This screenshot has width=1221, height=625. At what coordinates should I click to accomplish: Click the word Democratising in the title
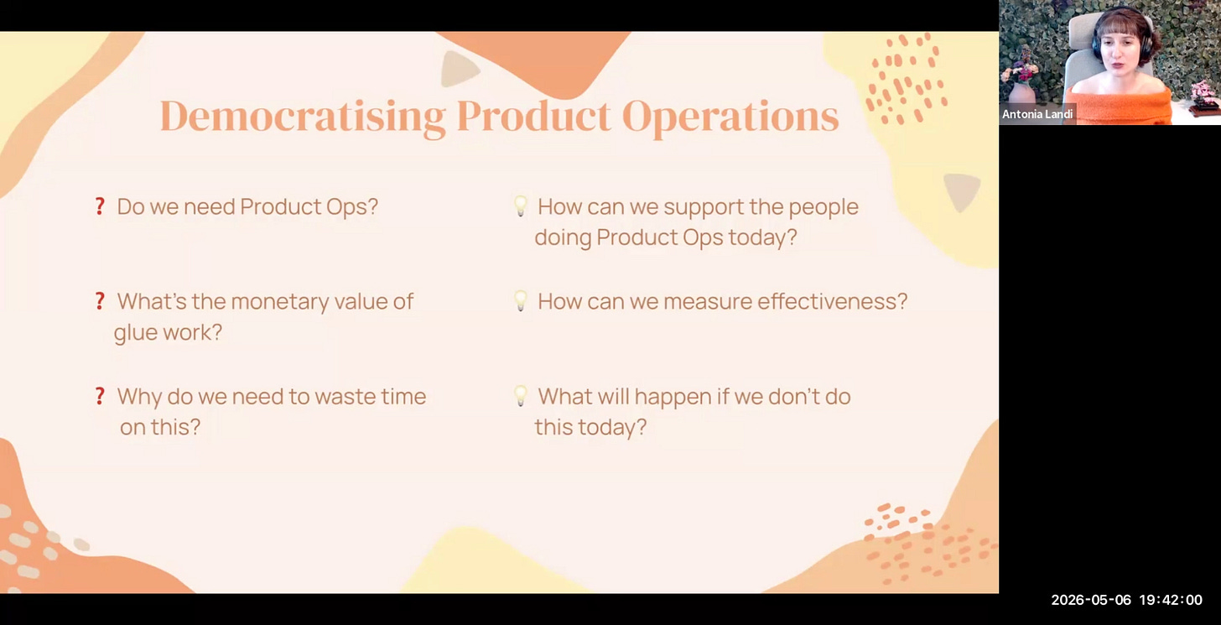pyautogui.click(x=303, y=116)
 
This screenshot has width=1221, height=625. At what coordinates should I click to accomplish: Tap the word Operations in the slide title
pyautogui.click(x=730, y=117)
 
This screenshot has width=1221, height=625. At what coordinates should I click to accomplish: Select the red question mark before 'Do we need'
pyautogui.click(x=100, y=206)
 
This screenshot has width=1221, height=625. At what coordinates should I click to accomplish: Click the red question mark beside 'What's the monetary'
pyautogui.click(x=100, y=301)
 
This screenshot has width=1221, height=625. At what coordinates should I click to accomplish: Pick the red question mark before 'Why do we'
pyautogui.click(x=100, y=396)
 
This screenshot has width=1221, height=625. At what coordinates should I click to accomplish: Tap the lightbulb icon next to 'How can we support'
pyautogui.click(x=521, y=206)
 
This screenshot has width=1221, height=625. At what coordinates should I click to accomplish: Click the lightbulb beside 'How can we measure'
pyautogui.click(x=521, y=301)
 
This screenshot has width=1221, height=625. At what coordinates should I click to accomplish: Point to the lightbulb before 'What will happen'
pyautogui.click(x=521, y=396)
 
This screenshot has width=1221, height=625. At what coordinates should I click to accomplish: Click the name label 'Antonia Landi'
pyautogui.click(x=1037, y=114)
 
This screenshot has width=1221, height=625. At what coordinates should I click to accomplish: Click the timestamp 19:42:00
pyautogui.click(x=1171, y=600)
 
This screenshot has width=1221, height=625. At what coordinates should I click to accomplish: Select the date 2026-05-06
pyautogui.click(x=1091, y=600)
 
